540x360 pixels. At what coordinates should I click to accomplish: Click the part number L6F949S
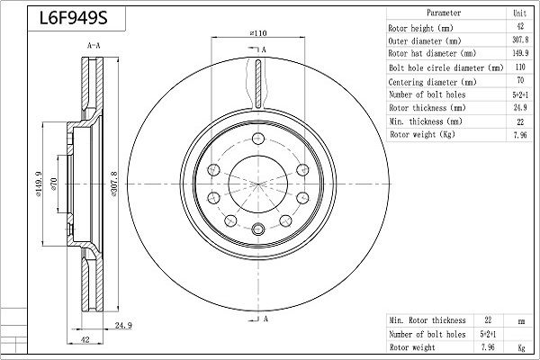(68, 17)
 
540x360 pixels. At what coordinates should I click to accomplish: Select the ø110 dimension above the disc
(257, 33)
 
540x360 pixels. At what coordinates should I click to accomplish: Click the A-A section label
(93, 44)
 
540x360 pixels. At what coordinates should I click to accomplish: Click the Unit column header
(519, 14)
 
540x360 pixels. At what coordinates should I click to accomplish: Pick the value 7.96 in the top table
(519, 134)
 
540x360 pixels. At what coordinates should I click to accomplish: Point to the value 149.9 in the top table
(519, 54)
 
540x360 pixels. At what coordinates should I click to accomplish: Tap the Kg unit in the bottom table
(519, 346)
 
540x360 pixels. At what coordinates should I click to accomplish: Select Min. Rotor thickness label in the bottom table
(427, 319)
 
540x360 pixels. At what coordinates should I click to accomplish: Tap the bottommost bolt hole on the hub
(257, 228)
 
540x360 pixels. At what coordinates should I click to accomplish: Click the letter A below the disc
(267, 319)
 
